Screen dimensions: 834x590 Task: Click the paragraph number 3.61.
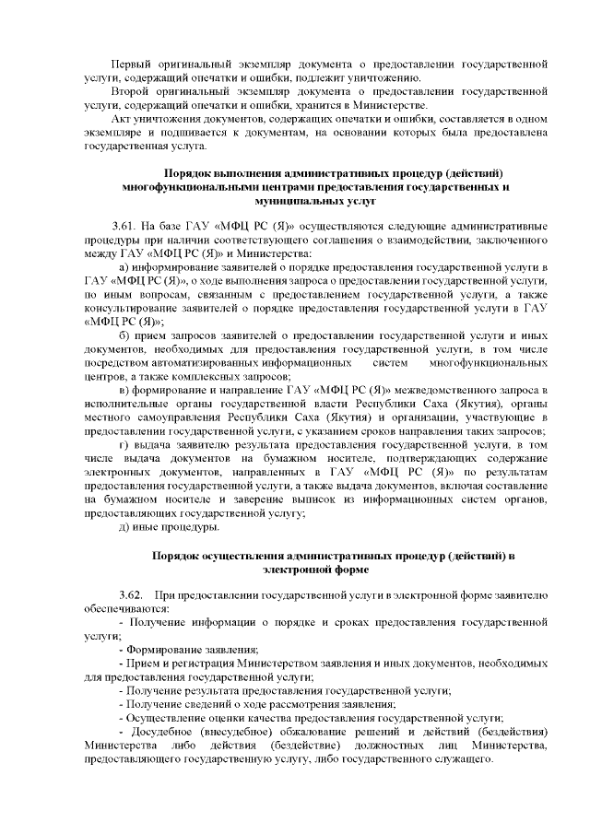tap(124, 226)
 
